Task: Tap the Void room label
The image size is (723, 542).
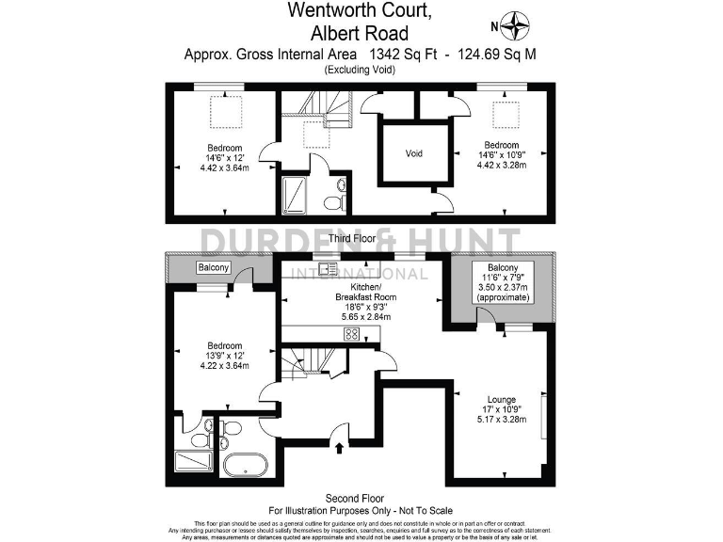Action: [x=413, y=153]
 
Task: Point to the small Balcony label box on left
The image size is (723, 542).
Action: [x=214, y=268]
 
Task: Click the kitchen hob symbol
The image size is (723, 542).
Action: [x=351, y=334]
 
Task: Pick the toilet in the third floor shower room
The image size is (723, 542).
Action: [x=331, y=202]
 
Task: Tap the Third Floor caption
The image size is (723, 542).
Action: [x=352, y=239]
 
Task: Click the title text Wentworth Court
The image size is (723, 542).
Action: [x=361, y=12]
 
